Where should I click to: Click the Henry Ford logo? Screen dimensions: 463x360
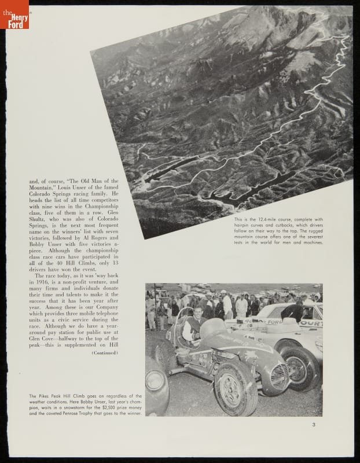(14, 14)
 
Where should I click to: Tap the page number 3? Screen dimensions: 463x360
(313, 425)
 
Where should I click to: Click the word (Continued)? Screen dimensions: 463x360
(105, 352)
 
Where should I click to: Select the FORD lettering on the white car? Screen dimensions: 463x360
(273, 321)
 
